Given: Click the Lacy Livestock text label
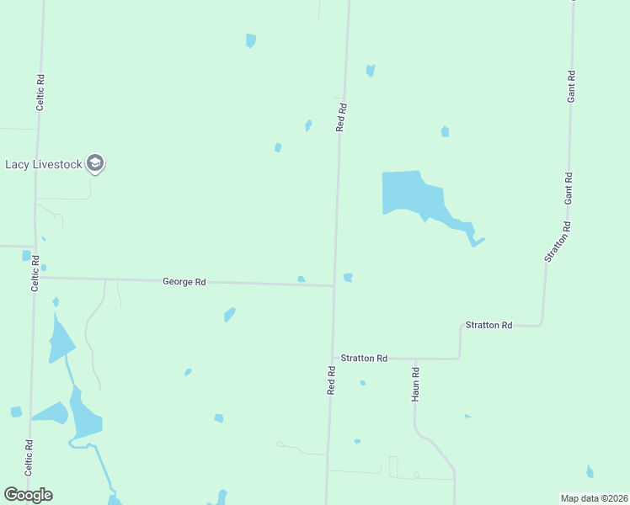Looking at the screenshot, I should pyautogui.click(x=44, y=164).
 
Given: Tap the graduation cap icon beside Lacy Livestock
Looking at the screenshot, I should pyautogui.click(x=96, y=164).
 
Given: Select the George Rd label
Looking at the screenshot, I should pyautogui.click(x=184, y=282).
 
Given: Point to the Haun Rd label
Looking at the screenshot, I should pyautogui.click(x=416, y=383).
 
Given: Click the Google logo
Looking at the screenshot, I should pyautogui.click(x=28, y=495).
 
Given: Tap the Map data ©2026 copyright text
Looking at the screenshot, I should pyautogui.click(x=594, y=498).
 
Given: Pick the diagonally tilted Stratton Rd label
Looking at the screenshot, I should pyautogui.click(x=558, y=242).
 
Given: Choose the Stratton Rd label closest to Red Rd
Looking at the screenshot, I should pyautogui.click(x=364, y=359).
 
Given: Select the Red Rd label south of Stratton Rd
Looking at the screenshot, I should pyautogui.click(x=332, y=380).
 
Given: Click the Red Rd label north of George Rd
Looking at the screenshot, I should pyautogui.click(x=341, y=117).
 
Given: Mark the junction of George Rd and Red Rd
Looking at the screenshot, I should pyautogui.click(x=334, y=285).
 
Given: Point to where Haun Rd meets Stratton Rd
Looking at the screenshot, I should pyautogui.click(x=416, y=359).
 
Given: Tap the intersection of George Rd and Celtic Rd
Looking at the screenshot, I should pyautogui.click(x=35, y=277).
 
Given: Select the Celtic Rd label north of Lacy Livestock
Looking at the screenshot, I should pyautogui.click(x=40, y=93).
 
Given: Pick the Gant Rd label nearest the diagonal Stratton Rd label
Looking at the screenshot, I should pyautogui.click(x=569, y=189).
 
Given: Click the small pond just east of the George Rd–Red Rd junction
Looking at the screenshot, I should pyautogui.click(x=348, y=278).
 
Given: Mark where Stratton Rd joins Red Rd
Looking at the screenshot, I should pyautogui.click(x=331, y=358).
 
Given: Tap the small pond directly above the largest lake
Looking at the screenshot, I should pyautogui.click(x=445, y=131).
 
